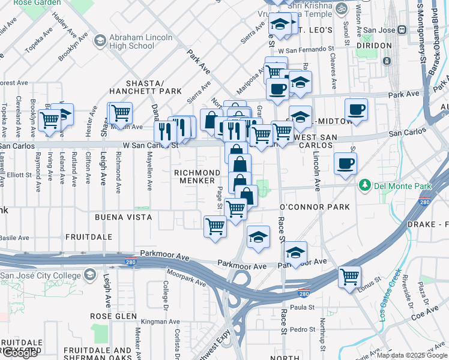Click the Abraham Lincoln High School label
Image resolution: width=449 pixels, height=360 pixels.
point(133,41)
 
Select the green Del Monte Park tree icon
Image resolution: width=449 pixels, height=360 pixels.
point(364,185)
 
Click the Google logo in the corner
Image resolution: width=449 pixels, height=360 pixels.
point(19,353)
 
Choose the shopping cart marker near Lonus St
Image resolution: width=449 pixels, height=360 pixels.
point(349,277)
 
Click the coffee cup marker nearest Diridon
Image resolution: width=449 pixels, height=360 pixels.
point(356,110)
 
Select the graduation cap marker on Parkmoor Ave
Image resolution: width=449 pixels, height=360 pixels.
point(295,253)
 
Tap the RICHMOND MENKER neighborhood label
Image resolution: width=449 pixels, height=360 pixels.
point(194,176)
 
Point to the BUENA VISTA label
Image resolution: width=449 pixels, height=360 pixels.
point(122,216)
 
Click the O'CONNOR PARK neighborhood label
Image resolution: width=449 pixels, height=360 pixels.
point(315,207)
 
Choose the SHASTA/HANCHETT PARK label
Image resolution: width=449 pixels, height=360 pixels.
point(145,87)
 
